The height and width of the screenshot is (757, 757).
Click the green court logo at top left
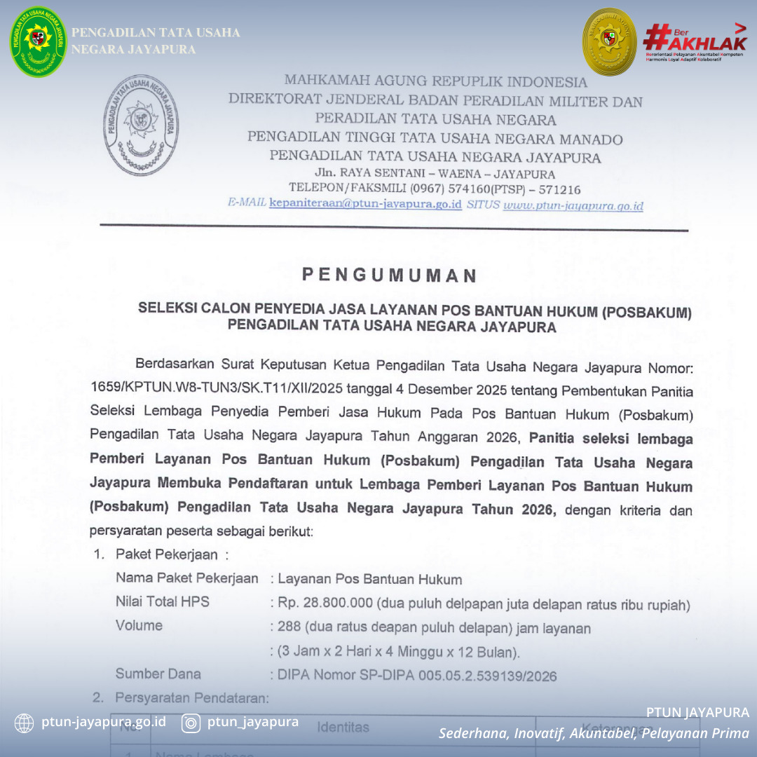39,41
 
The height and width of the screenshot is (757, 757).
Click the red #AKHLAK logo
694,42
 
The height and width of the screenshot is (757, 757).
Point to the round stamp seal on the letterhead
142,126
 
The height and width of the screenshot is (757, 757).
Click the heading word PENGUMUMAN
389,275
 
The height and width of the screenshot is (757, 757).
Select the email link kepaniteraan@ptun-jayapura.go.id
365,205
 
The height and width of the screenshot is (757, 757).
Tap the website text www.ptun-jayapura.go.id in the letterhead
573,206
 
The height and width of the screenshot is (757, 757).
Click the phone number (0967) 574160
451,189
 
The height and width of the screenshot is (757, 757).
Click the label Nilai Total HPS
162,601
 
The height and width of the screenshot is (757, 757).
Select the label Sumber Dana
158,674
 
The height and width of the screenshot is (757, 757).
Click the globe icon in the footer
24,723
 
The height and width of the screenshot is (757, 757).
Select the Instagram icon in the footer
191,723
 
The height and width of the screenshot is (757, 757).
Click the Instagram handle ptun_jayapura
253,722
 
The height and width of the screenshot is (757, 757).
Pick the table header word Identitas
343,728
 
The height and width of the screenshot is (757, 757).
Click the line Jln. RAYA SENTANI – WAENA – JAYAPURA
435,174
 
